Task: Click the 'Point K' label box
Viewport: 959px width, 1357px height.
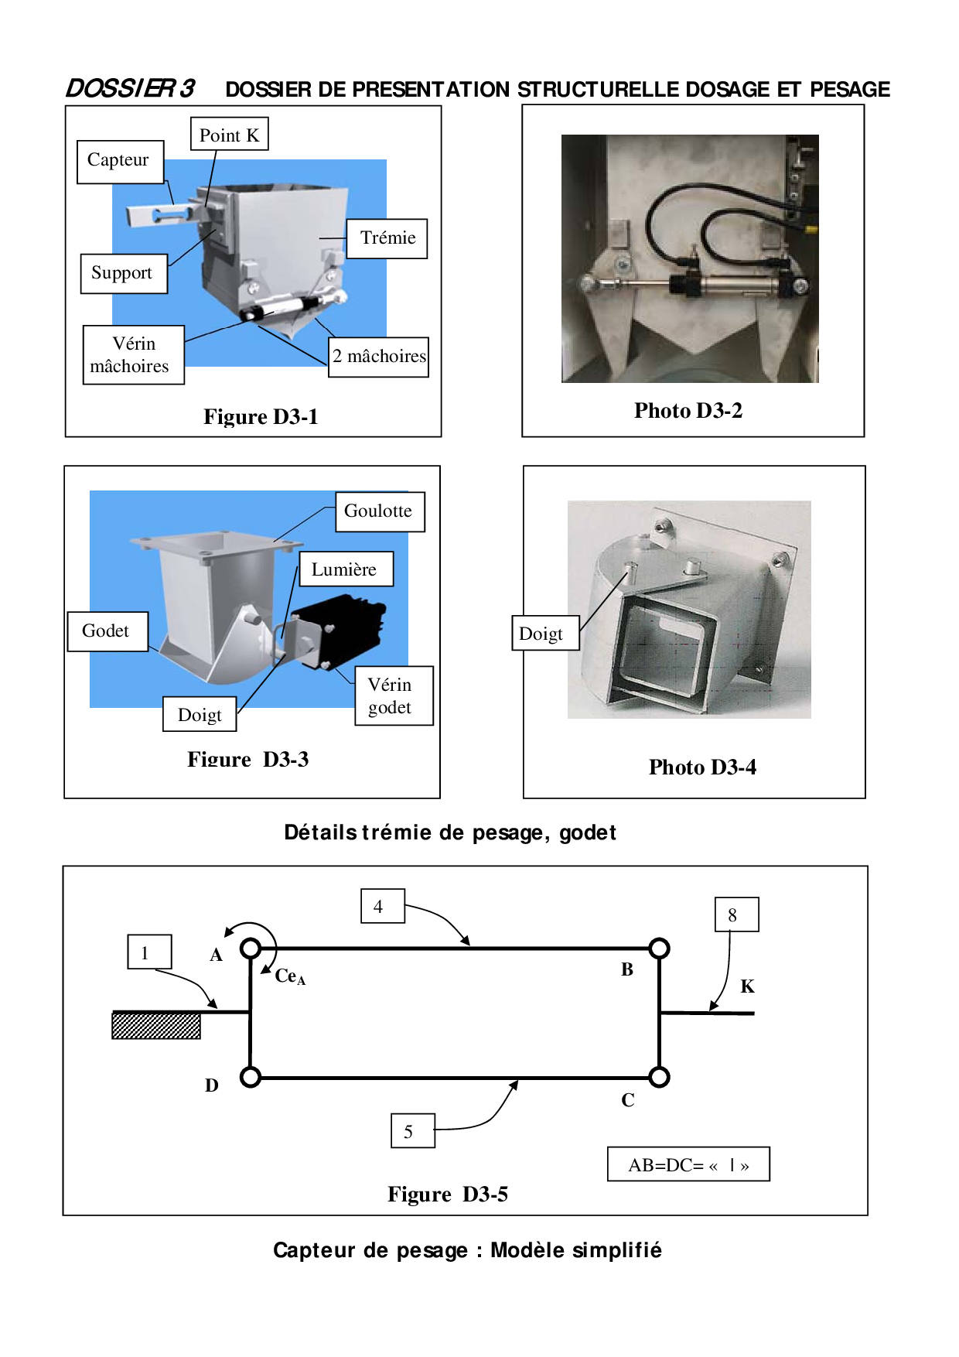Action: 230,134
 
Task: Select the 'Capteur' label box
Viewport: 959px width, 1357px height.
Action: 121,162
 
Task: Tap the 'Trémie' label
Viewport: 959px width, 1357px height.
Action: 387,238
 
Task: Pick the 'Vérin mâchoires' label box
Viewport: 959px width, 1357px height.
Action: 134,355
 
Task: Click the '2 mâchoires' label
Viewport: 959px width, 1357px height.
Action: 378,357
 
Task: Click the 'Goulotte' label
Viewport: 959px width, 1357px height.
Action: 380,511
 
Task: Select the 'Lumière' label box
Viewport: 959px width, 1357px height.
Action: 346,569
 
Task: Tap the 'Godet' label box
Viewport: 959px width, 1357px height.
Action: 108,631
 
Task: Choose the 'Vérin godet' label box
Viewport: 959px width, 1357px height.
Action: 394,696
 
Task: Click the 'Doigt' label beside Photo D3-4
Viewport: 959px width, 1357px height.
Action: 545,633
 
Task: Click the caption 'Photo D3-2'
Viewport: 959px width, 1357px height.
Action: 688,411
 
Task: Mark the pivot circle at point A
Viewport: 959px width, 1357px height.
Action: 251,948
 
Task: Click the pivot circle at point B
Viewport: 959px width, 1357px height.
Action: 659,948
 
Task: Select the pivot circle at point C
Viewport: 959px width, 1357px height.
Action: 659,1077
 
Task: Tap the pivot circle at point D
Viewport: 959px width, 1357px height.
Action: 251,1077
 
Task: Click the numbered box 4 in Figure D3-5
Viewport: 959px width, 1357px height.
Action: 383,906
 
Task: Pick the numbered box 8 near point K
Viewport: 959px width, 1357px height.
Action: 737,914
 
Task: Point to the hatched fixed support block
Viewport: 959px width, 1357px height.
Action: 156,1025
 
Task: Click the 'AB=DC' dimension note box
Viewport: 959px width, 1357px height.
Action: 688,1164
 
